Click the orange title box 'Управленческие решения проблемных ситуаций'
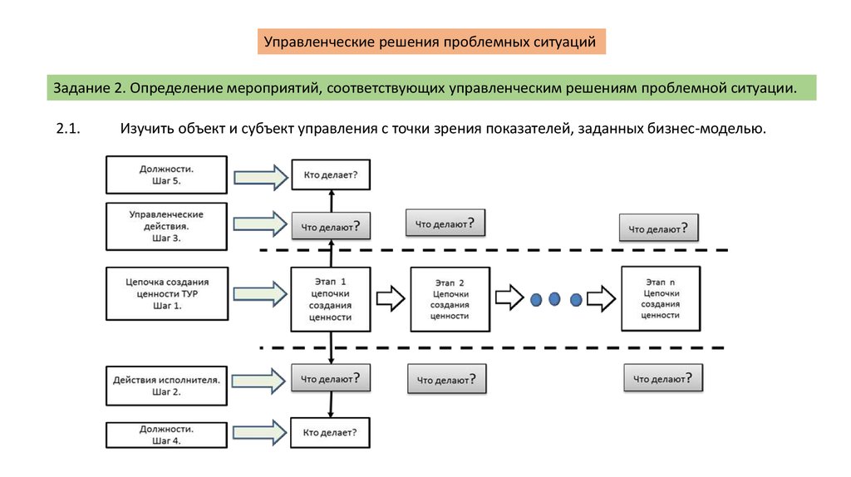click(x=430, y=41)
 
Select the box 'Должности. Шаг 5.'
click(x=167, y=174)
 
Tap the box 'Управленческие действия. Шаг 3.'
click(x=166, y=225)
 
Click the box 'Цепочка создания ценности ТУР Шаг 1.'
click(x=166, y=293)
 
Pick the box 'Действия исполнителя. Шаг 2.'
click(x=166, y=386)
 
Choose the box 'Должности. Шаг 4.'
click(x=166, y=435)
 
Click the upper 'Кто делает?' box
click(x=330, y=175)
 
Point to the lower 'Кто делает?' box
click(x=330, y=432)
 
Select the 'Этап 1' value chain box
click(x=330, y=298)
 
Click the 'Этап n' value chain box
click(x=661, y=298)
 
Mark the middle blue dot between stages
click(x=554, y=299)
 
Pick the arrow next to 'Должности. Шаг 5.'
click(x=258, y=175)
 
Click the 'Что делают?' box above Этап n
click(x=658, y=228)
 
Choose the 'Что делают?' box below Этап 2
click(x=446, y=380)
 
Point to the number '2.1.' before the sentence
click(x=66, y=129)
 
